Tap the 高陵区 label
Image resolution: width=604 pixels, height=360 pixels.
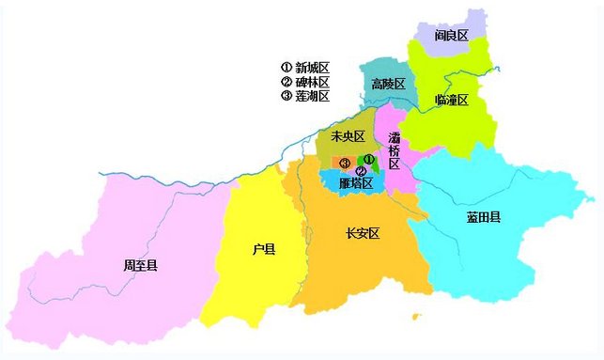click(388, 85)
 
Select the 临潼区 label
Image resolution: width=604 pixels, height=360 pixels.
click(451, 100)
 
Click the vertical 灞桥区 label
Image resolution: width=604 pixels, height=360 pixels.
click(394, 150)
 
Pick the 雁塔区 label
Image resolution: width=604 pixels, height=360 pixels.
click(356, 183)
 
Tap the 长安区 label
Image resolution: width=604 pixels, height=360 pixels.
click(362, 233)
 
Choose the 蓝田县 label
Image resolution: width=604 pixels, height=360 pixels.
click(483, 217)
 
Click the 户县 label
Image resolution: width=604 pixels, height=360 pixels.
click(264, 249)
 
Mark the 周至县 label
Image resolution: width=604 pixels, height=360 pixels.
click(140, 266)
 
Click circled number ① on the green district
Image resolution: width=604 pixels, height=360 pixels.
click(369, 160)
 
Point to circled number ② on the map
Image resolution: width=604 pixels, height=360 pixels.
click(361, 171)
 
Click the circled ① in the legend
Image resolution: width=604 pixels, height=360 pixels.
click(287, 68)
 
